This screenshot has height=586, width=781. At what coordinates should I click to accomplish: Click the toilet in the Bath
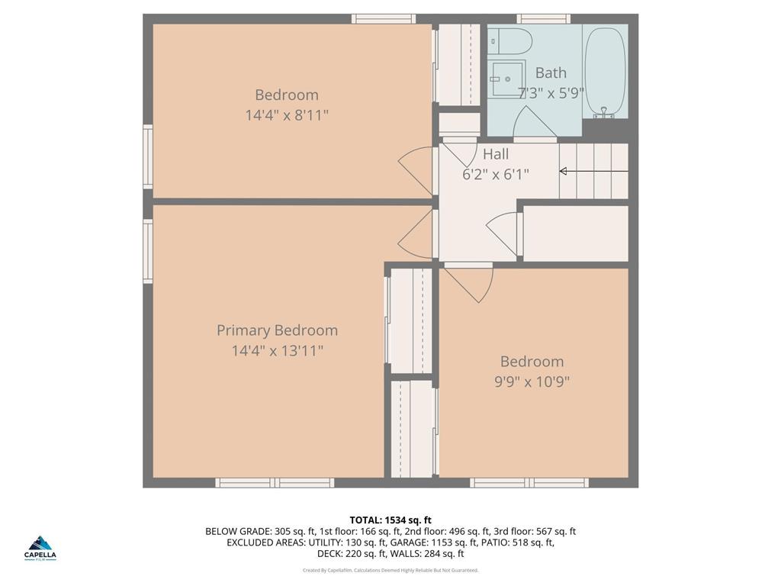(508, 41)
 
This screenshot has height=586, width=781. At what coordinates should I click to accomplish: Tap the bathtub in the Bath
(605, 71)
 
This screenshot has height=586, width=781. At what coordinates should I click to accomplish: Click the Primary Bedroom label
(277, 330)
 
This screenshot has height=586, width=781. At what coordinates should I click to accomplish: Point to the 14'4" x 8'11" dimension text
(287, 115)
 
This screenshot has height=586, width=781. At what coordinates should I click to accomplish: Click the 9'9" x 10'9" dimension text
(532, 382)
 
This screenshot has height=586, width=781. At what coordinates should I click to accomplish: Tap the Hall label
(496, 154)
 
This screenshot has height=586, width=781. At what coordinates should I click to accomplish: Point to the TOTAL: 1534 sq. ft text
(390, 519)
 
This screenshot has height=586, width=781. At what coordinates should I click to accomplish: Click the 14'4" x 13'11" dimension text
(277, 351)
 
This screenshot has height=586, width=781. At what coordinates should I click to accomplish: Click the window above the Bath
(543, 18)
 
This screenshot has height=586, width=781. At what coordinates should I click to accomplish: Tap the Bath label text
(551, 73)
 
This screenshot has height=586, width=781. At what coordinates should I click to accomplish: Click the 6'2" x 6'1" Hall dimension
(496, 174)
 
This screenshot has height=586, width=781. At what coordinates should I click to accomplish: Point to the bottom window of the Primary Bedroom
(275, 482)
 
